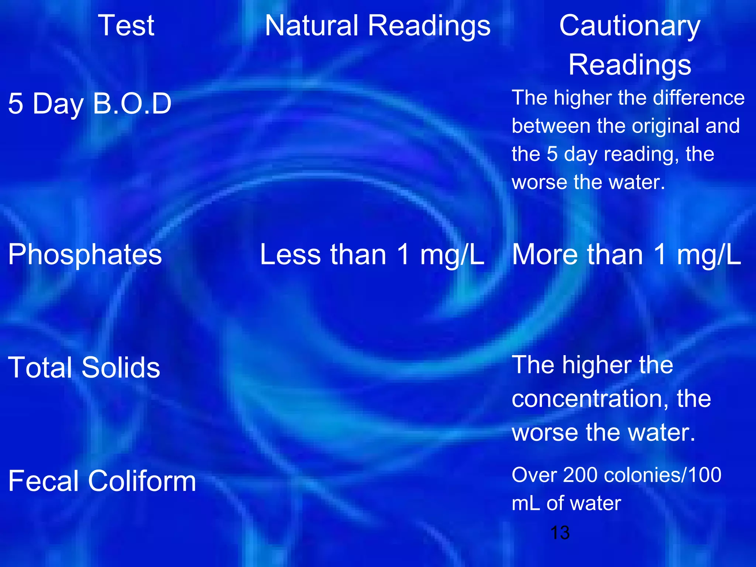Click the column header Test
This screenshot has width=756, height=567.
click(126, 26)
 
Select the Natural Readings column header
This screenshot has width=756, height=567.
click(378, 26)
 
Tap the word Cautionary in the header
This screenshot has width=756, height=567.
click(630, 26)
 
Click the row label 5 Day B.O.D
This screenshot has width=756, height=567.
click(90, 104)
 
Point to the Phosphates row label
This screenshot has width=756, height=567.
click(85, 255)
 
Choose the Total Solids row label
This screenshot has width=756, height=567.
click(84, 368)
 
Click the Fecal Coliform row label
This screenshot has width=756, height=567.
click(102, 481)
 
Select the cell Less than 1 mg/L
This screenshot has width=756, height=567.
click(372, 255)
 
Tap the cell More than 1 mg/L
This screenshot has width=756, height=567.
click(626, 255)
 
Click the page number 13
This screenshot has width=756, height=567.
click(560, 533)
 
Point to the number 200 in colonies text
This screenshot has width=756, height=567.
click(580, 475)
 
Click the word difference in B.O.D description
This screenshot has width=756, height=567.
click(698, 98)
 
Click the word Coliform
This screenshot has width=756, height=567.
click(142, 481)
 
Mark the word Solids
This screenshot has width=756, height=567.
click(121, 368)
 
